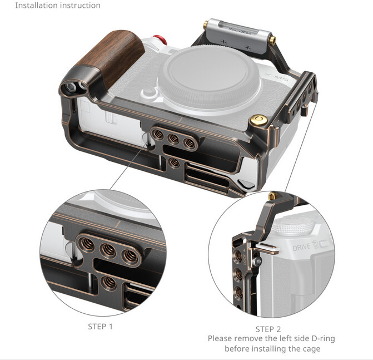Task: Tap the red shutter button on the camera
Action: coord(160,40)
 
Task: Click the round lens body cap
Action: coord(209,78)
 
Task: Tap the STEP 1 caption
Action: coord(100,327)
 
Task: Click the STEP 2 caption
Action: coord(268,329)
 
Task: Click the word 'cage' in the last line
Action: coord(310,349)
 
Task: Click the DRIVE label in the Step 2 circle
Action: coord(301,248)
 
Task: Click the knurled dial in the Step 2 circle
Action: coord(293,226)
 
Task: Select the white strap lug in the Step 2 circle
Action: coord(267,249)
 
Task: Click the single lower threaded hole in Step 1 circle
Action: coord(109,283)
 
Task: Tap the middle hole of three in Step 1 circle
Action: coord(109,250)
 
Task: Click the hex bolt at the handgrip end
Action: coord(71,88)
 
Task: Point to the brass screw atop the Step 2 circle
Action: coord(272,196)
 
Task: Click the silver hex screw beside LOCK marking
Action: coord(257,262)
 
